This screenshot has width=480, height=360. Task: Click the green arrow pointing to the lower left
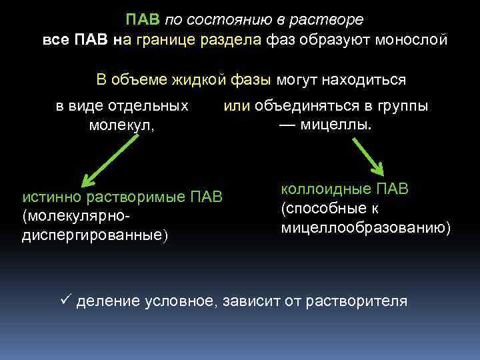pyautogui.click(x=109, y=159)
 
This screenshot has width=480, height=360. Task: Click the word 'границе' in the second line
pyautogui.click(x=163, y=41)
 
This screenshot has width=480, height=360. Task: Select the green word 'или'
pyautogui.click(x=236, y=106)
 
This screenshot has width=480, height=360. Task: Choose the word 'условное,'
pyautogui.click(x=177, y=301)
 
